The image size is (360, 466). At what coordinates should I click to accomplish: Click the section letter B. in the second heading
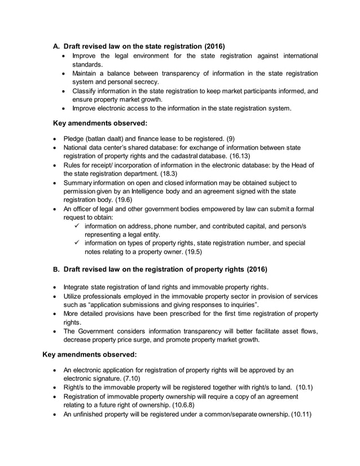[56, 269]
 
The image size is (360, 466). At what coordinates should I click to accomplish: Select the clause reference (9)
[230, 138]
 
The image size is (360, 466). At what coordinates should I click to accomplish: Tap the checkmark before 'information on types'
[78, 243]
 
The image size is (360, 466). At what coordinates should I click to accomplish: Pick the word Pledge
[75, 138]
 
